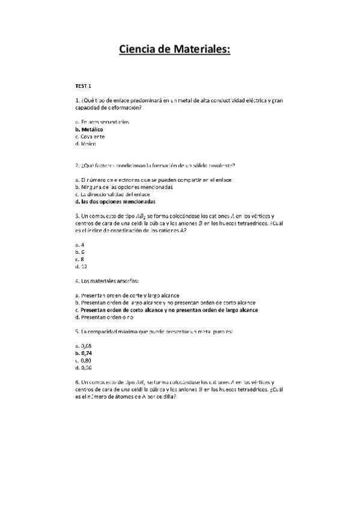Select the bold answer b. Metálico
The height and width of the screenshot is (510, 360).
[x=89, y=129]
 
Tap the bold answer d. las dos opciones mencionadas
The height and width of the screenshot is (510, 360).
[x=115, y=201]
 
